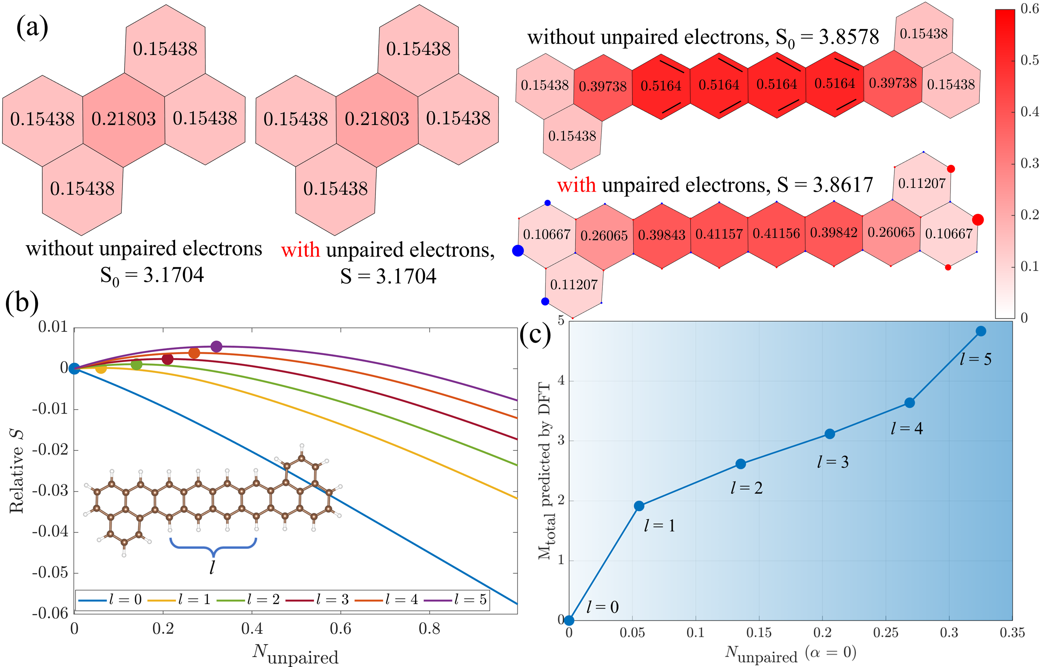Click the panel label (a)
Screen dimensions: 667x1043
point(32,28)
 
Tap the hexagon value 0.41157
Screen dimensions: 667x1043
point(719,234)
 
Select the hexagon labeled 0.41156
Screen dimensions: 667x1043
point(776,234)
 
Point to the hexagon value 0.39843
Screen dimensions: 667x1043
point(661,235)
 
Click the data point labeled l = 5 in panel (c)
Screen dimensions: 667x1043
point(981,331)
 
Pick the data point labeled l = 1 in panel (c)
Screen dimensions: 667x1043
point(639,506)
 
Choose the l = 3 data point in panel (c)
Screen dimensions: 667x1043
point(830,434)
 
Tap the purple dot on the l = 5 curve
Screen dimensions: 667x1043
point(216,346)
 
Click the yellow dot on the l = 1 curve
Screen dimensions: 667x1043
point(100,368)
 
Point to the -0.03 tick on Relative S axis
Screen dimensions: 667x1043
point(50,491)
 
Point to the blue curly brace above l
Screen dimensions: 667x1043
point(213,547)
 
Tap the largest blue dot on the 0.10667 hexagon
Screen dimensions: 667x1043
point(518,251)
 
